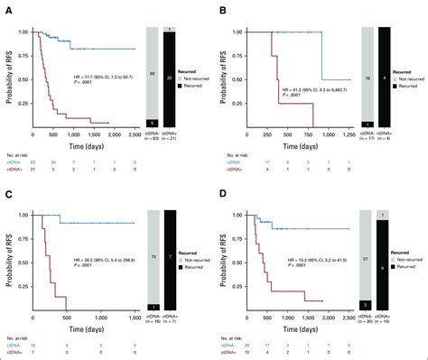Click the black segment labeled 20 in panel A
[x=172, y=79]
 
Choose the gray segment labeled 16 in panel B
[x=366, y=78]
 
